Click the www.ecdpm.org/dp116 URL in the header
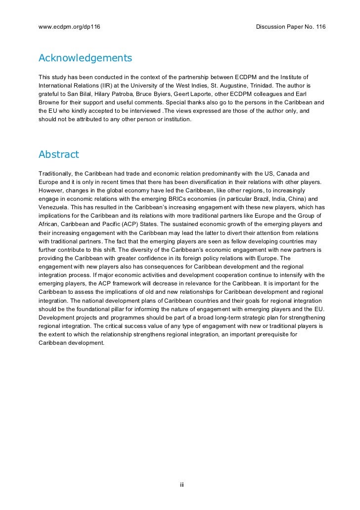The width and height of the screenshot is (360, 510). tap(69, 26)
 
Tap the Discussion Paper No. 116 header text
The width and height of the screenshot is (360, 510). tap(291, 26)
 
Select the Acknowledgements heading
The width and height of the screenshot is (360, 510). tap(85, 58)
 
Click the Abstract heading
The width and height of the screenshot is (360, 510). tap(58, 154)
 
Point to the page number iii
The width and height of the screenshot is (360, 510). tap(181, 484)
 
